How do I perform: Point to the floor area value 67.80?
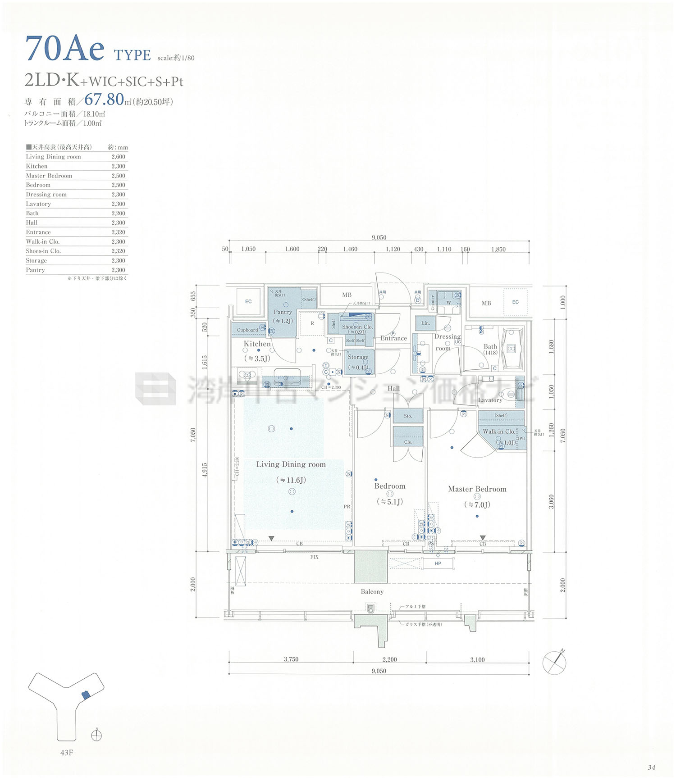pos(104,99)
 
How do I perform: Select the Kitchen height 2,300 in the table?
pos(118,166)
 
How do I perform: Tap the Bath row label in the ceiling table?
pos(32,213)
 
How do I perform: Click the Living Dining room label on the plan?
pos(291,464)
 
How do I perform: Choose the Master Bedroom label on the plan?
pos(477,489)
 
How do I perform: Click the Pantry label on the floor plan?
pos(283,312)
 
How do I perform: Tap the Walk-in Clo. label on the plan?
pos(499,431)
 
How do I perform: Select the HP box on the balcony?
pos(438,563)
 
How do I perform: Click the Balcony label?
pos(372,592)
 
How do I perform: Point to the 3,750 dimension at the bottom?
pos(291,659)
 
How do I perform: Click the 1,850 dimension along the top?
pos(498,249)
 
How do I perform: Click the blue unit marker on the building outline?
pos(86,695)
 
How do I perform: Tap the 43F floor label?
pos(66,753)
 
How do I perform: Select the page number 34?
pos(651,767)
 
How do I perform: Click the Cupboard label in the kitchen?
pos(247,330)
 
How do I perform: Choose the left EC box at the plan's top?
pos(248,301)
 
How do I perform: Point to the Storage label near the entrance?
pos(358,357)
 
